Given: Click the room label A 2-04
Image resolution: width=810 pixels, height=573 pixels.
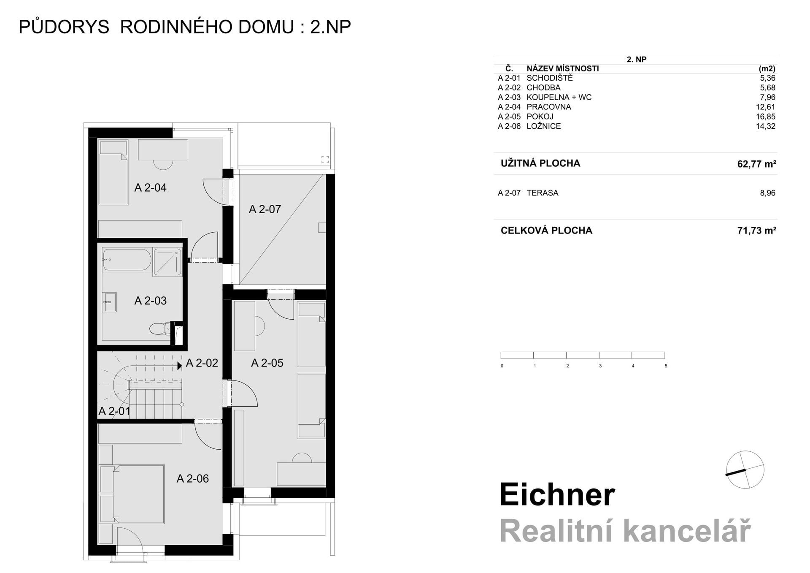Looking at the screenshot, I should click(150, 188).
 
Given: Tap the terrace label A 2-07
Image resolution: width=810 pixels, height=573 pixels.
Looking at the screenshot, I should click(265, 209).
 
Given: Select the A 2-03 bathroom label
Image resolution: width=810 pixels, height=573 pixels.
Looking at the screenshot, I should click(150, 301).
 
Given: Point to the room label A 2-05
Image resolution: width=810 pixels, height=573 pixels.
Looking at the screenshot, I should click(267, 363).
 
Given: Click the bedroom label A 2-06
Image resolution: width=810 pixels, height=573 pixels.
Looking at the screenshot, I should click(192, 478).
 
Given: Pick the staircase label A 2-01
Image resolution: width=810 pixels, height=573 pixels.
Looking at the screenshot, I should click(114, 411).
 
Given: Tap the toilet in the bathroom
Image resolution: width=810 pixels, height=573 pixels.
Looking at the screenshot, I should click(159, 329).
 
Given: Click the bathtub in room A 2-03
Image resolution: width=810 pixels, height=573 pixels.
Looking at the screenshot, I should click(127, 260).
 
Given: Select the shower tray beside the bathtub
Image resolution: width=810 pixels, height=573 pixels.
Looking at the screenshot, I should click(167, 262).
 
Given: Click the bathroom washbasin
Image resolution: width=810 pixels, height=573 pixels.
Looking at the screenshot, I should click(110, 302).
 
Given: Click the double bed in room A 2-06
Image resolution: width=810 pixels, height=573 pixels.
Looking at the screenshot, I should click(132, 494).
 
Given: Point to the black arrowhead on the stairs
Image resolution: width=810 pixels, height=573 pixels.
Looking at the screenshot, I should click(180, 366).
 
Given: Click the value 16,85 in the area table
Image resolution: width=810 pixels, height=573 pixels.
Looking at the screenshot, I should click(765, 117).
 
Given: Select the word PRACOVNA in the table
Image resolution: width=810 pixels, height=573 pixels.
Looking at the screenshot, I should click(548, 107).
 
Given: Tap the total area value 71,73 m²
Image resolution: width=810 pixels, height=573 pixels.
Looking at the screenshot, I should click(756, 231).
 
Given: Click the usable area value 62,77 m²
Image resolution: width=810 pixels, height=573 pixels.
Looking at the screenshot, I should click(756, 164).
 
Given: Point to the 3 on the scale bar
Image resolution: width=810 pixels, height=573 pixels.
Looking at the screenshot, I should click(600, 366).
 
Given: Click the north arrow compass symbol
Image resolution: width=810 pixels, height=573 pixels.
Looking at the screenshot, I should click(745, 470).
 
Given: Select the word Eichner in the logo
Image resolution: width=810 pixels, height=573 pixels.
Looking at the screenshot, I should click(557, 495).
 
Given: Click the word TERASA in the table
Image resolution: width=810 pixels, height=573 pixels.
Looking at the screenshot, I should click(542, 193).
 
